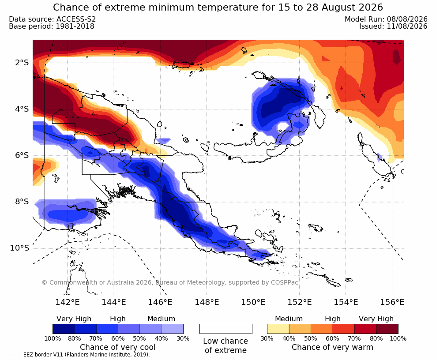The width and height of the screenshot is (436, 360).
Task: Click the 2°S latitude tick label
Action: (x=22, y=63)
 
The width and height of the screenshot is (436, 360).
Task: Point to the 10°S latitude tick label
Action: (x=19, y=248)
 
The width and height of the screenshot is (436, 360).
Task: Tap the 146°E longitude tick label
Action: (x=160, y=302)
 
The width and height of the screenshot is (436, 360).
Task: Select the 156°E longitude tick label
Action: (x=392, y=302)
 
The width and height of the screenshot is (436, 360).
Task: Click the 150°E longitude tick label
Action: (x=253, y=302)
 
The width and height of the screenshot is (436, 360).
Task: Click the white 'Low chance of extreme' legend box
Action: (x=226, y=329)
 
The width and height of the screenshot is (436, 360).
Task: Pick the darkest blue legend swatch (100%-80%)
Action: (x=64, y=329)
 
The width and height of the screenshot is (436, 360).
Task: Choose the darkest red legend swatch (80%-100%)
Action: (x=387, y=329)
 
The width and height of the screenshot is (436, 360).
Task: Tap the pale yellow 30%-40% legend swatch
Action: (x=278, y=329)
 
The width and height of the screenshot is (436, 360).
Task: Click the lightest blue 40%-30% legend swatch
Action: (x=173, y=329)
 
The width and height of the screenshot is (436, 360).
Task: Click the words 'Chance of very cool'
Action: (x=118, y=347)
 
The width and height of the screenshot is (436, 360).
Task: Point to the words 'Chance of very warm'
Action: (x=332, y=347)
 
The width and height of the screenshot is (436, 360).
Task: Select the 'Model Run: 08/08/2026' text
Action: (x=386, y=19)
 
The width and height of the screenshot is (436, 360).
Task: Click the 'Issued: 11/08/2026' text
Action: (x=393, y=26)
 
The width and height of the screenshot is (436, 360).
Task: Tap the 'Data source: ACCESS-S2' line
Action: (x=52, y=19)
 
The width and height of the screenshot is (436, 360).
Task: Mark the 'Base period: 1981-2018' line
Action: (x=52, y=26)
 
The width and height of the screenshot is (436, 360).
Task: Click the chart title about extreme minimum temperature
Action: (x=218, y=7)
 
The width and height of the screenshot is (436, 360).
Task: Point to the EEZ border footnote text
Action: (x=77, y=355)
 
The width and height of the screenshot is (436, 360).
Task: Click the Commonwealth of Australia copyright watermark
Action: (x=170, y=282)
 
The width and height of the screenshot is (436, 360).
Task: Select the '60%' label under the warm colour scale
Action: (x=333, y=338)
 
